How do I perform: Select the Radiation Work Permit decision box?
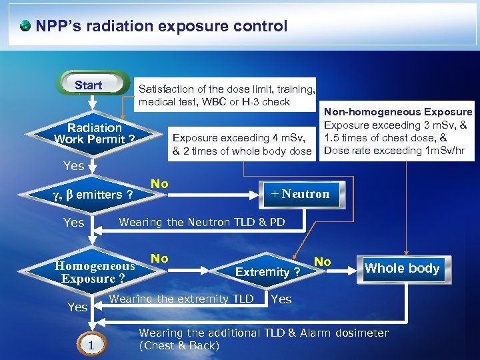coord(95,133)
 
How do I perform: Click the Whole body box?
coord(402,269)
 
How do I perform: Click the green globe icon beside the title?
coord(25,27)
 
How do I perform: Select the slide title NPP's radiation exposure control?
coord(161,27)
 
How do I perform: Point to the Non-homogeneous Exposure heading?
coord(398,112)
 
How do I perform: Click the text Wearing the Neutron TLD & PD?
coord(201,222)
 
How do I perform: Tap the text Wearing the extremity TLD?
coord(181,299)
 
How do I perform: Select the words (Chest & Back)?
coord(179,346)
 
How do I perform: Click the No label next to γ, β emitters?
coord(159,183)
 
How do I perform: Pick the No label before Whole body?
coord(323,262)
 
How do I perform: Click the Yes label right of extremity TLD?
coord(281,299)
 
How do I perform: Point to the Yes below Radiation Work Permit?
coord(73,165)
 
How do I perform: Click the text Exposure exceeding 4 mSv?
coord(239,138)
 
